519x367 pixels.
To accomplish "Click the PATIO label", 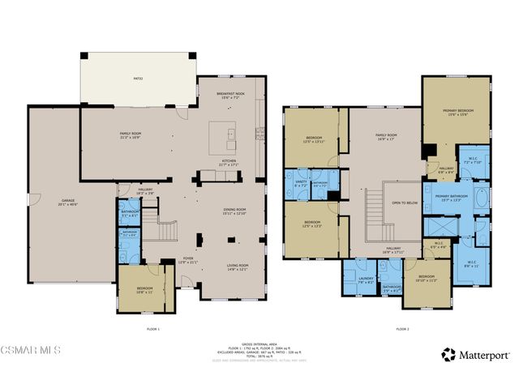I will coord(137,79).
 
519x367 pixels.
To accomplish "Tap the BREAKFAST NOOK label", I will coord(231,95).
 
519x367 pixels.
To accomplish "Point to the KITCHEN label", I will coord(229,160).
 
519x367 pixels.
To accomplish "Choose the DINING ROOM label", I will coord(234,210).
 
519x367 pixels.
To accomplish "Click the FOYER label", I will coord(188,260).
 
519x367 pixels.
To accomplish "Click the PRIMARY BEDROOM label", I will coord(457,111).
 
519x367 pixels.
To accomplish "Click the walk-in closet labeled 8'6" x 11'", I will coord(471,262).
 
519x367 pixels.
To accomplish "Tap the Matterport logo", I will coord(476,354).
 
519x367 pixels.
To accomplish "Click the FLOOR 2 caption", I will coord(402,330).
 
